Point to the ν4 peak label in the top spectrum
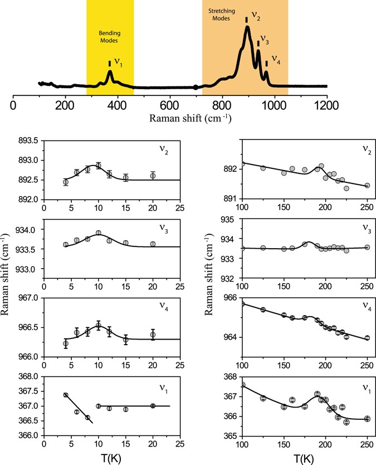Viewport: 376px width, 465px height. [x=276, y=60]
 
